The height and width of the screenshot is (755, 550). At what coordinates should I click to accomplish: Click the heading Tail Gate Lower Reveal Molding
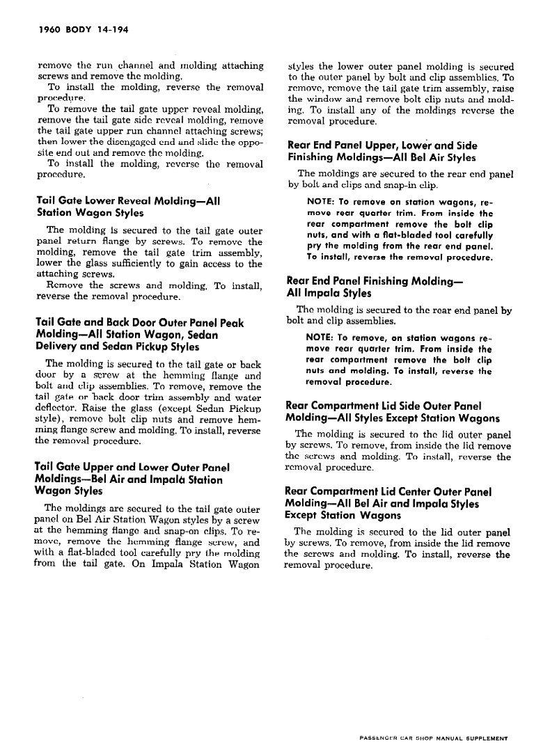coord(128,200)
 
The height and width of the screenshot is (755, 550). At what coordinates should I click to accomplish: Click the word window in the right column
coord(323,100)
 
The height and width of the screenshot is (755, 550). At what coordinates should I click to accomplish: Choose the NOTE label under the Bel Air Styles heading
coord(320,202)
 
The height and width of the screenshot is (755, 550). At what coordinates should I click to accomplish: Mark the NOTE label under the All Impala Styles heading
coord(320,338)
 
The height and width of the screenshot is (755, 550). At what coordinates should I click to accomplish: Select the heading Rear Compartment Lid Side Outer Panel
coord(383,406)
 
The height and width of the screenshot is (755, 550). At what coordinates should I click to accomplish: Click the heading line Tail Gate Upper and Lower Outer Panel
coord(132,467)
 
